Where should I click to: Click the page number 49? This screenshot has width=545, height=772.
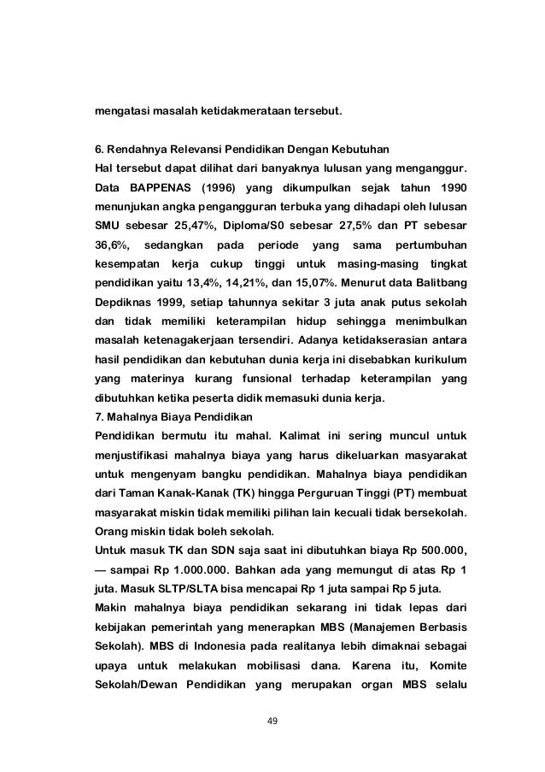point(272,731)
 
